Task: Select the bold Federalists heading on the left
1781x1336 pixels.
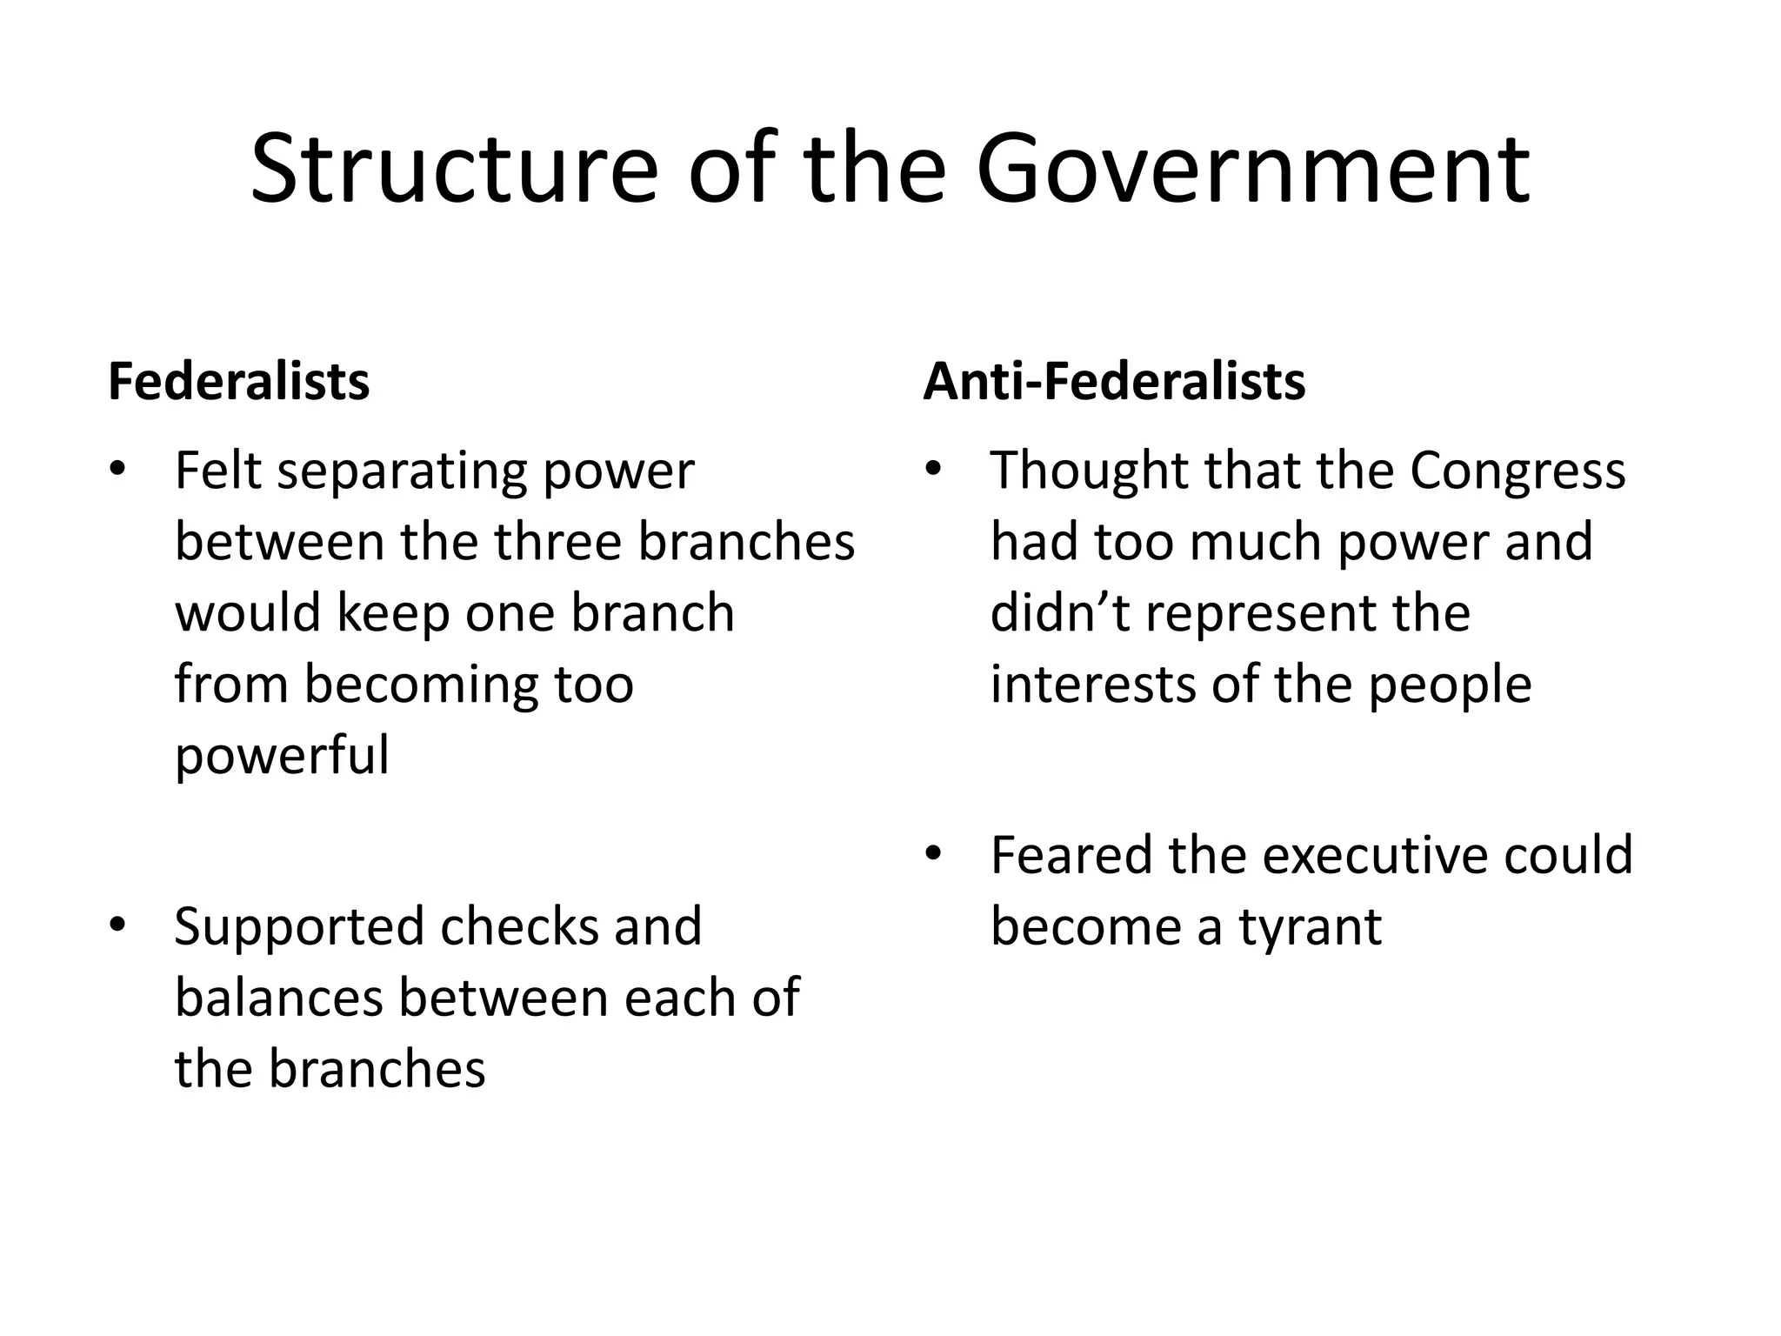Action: coord(239,381)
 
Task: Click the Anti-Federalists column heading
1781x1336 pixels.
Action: coord(1114,381)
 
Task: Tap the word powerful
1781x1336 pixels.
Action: coord(282,757)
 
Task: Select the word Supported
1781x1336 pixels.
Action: coord(300,928)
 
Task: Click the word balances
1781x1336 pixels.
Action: coord(279,998)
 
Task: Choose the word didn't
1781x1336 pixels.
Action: coord(1060,613)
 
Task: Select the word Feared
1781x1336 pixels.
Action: coord(1071,856)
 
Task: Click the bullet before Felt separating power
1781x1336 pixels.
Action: coord(117,471)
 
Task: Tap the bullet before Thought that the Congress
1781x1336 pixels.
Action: coord(933,471)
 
